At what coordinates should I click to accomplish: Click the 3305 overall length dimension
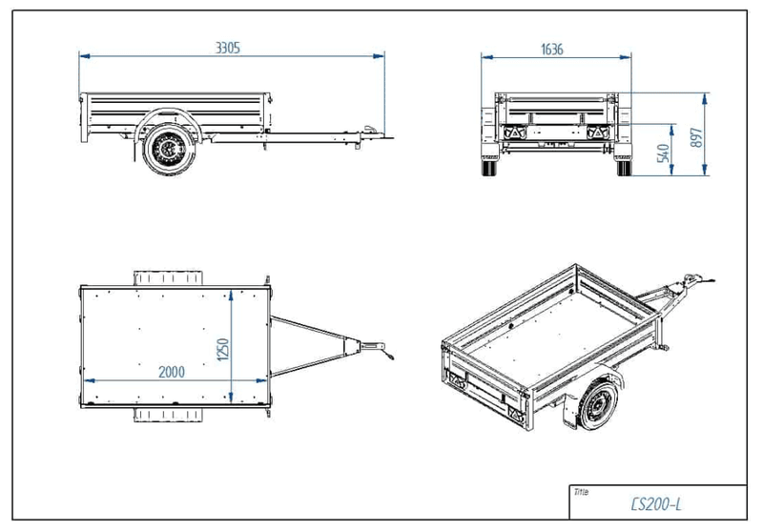pos(229,46)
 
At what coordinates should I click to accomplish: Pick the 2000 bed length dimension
pos(172,371)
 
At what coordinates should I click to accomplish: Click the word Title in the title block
pos(582,492)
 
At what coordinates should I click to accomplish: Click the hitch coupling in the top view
pos(374,346)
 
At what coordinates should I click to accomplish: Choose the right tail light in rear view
pos(599,132)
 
